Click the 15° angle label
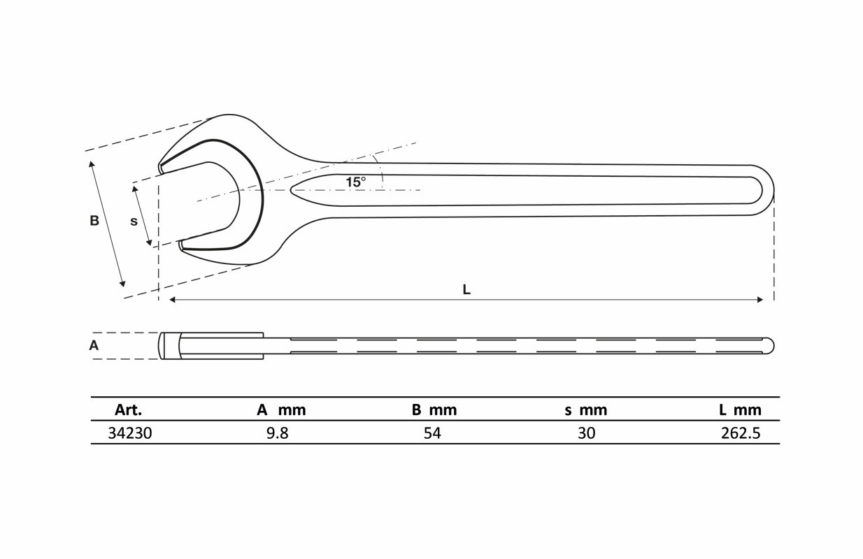click(355, 182)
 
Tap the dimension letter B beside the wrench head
click(94, 221)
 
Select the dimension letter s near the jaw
click(134, 222)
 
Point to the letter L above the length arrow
click(466, 289)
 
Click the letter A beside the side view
click(94, 345)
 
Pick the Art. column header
click(128, 409)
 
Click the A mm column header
click(281, 409)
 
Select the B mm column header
click(434, 409)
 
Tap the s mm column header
click(586, 410)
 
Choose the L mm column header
click(740, 409)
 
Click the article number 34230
click(130, 433)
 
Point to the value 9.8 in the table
click(278, 433)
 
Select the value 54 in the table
click(432, 433)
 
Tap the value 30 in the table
click(586, 433)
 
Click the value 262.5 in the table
click(741, 433)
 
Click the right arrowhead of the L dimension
click(760, 300)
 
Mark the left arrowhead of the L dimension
click(172, 300)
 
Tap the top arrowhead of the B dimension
click(92, 164)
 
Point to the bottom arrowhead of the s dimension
click(150, 242)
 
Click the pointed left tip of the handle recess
click(291, 189)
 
